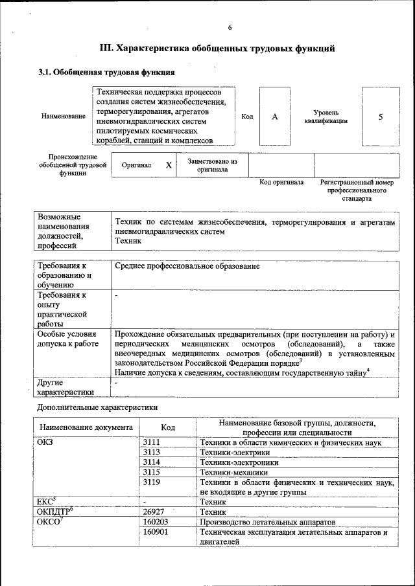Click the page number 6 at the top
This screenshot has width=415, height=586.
pos(230,27)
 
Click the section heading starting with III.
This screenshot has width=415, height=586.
pos(217,48)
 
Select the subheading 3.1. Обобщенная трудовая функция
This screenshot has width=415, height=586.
pos(106,72)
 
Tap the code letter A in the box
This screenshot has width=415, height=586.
pos(274,117)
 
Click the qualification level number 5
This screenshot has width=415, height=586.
pos(381,117)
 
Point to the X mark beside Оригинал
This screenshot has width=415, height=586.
pos(169,165)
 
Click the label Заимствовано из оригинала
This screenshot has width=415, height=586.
pos(212,165)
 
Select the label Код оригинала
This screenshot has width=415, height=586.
pos(281,183)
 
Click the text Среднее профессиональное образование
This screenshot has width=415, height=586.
pos(187,266)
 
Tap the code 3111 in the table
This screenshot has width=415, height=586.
pos(151,442)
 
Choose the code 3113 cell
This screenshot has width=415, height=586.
pos(151,452)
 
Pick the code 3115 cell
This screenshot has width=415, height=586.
pos(151,472)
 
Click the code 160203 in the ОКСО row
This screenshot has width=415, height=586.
pos(156,521)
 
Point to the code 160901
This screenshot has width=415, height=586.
pos(156,532)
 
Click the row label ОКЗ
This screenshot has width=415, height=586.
pos(46,442)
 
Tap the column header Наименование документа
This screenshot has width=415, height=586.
pos(86,427)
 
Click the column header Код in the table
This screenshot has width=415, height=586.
pos(168,427)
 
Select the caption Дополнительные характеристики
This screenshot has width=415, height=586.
pos(97,407)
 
